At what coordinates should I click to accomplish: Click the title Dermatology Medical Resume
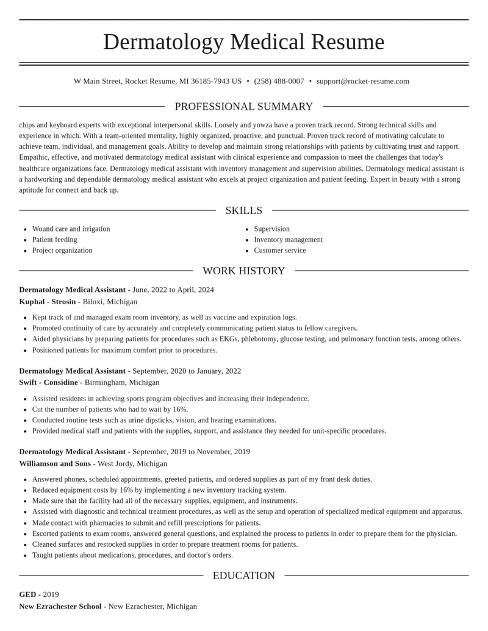(244, 42)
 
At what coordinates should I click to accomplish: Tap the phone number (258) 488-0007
(279, 81)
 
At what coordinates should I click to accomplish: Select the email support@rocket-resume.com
(362, 81)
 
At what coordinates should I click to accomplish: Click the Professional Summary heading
(244, 107)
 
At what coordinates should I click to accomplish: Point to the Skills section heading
(244, 210)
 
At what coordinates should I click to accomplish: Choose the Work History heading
(244, 271)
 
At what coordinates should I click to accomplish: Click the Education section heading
(244, 576)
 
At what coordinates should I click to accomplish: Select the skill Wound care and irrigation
(71, 229)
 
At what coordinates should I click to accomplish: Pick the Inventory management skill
(288, 240)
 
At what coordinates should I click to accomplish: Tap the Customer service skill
(279, 251)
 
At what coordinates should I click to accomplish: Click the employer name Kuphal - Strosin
(48, 302)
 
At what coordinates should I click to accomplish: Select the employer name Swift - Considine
(48, 382)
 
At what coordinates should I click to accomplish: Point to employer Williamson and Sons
(55, 463)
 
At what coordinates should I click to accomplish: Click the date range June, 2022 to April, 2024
(173, 290)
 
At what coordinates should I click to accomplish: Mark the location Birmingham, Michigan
(122, 382)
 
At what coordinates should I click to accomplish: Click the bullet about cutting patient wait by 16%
(110, 409)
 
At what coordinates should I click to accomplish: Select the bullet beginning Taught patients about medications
(132, 555)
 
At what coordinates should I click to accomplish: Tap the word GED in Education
(27, 594)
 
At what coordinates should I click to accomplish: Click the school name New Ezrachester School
(60, 607)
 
